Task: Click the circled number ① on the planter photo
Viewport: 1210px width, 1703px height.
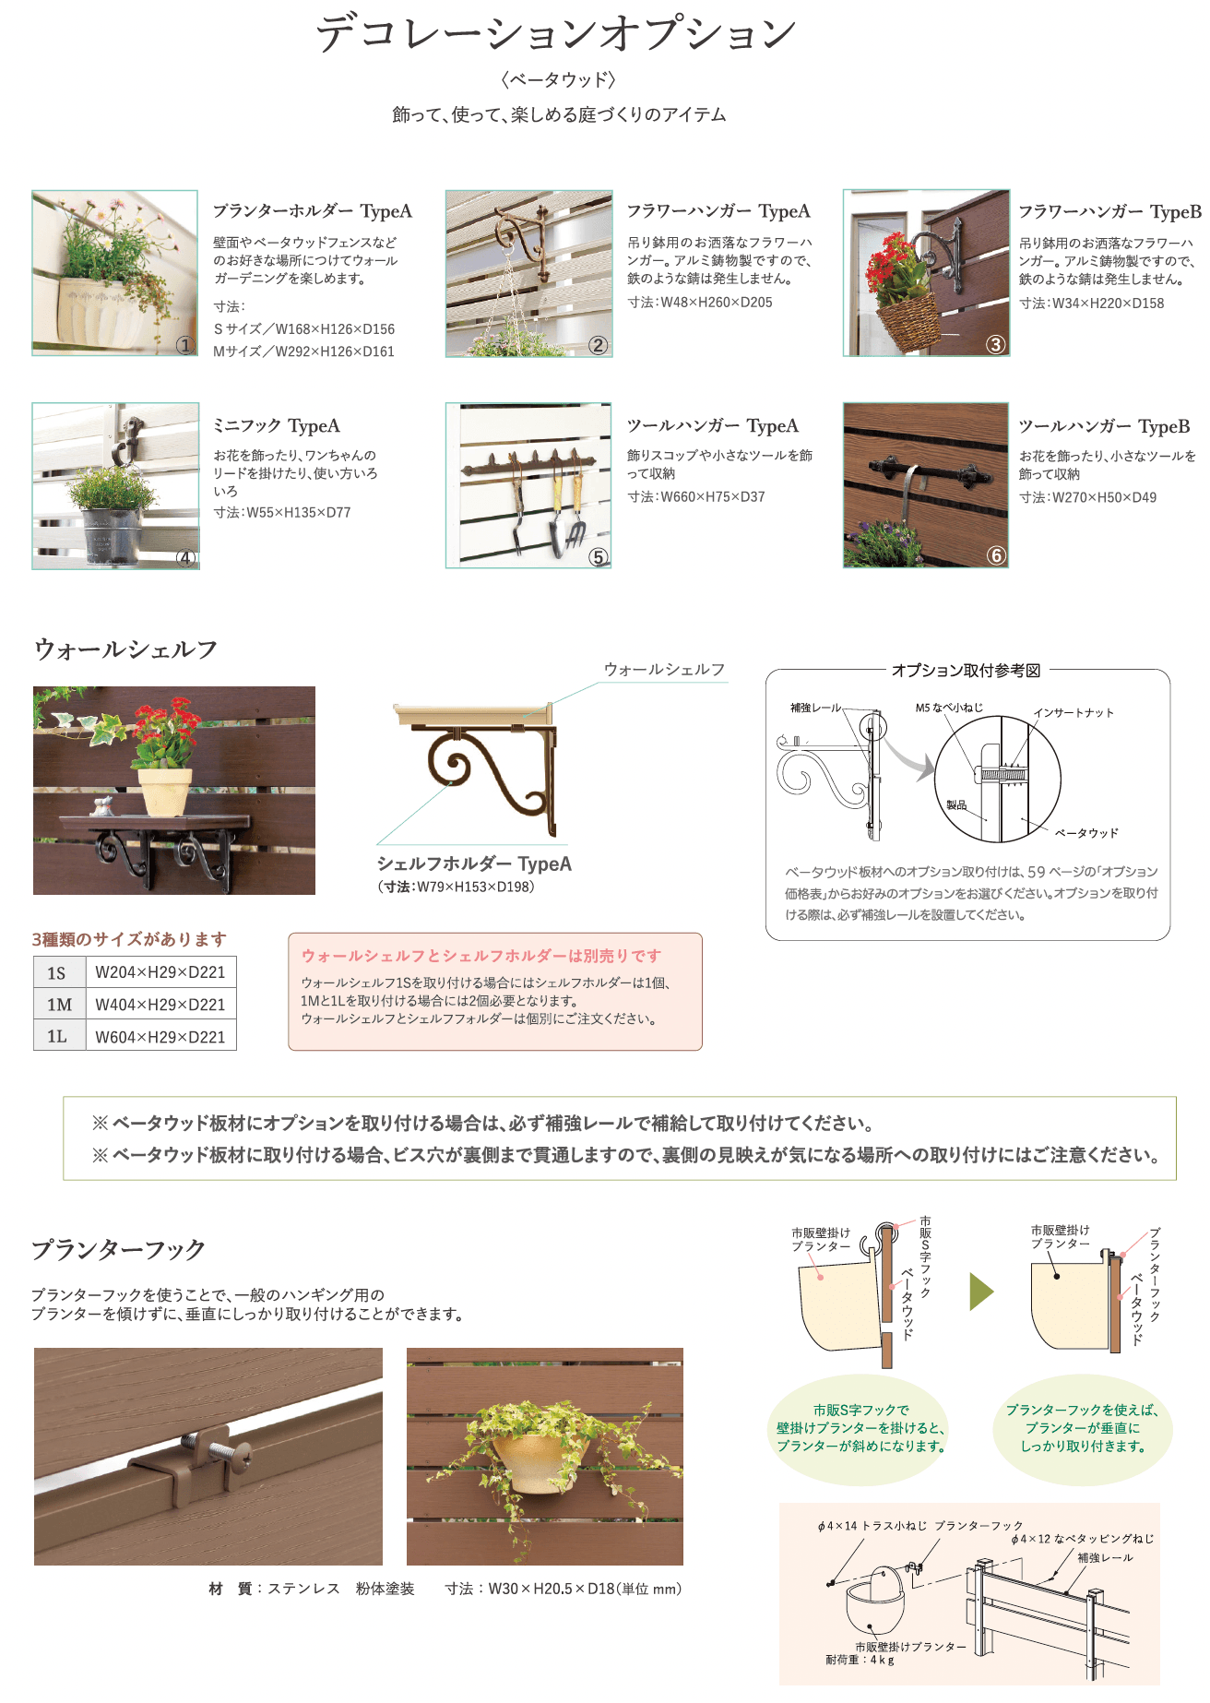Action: [x=185, y=345]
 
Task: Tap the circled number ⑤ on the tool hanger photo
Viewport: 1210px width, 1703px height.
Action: [x=599, y=556]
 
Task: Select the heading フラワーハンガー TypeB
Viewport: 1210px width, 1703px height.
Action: [x=1109, y=212]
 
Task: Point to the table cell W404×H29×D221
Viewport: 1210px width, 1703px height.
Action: [x=160, y=1005]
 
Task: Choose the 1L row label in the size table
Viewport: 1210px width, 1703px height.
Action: [x=57, y=1037]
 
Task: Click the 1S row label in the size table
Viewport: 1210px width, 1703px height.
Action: [x=57, y=973]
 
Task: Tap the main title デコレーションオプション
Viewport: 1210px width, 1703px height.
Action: [x=556, y=33]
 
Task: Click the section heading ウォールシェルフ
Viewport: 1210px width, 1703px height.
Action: [x=125, y=649]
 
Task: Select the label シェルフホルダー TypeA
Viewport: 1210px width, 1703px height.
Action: [x=474, y=864]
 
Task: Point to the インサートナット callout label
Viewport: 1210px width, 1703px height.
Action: [x=1074, y=713]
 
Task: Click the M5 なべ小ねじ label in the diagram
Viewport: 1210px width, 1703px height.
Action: [x=949, y=708]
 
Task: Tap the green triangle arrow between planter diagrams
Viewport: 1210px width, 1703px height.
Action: [x=981, y=1292]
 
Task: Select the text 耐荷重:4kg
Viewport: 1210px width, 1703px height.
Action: [x=860, y=1660]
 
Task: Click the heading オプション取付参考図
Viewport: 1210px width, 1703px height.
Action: [x=966, y=671]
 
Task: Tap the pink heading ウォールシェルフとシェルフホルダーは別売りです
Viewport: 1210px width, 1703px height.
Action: [x=481, y=957]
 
